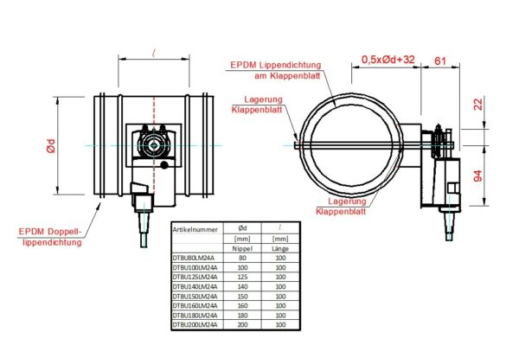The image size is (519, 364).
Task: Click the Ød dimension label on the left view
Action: [51, 147]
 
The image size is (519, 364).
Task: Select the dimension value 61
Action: [439, 60]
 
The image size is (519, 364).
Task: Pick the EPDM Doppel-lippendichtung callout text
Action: [51, 237]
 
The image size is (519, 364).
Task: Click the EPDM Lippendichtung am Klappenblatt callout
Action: [276, 70]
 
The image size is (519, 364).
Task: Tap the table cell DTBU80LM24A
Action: [194, 257]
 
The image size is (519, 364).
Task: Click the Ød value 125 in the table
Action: [243, 276]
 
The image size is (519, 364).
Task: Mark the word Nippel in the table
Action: [243, 247]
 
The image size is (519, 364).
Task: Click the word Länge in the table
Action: [279, 247]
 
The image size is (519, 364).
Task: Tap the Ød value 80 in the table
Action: [243, 257]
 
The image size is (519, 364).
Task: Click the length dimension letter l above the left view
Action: [152, 54]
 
